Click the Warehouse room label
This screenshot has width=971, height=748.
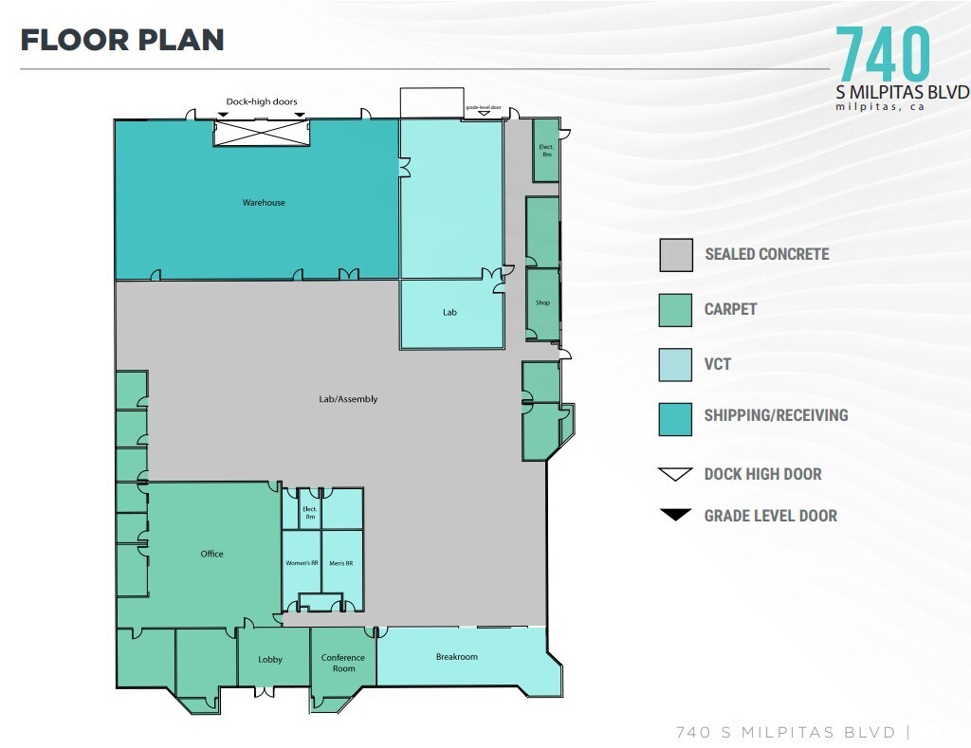tap(264, 203)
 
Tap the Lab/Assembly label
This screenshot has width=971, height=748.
tap(348, 399)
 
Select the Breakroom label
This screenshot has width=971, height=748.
tap(456, 657)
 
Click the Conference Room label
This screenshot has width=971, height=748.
tap(343, 663)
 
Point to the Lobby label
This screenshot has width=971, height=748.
tap(270, 660)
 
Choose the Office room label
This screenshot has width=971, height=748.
tap(211, 554)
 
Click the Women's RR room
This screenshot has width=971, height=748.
tap(302, 563)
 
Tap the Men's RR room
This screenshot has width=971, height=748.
tap(341, 563)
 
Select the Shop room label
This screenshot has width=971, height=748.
tap(542, 303)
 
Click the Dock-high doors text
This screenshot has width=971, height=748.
tap(262, 101)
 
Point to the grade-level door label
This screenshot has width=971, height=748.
tap(483, 108)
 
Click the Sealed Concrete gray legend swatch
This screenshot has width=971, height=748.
tap(675, 255)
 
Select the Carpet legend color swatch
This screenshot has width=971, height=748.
tap(675, 310)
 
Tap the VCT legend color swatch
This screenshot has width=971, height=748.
tap(675, 365)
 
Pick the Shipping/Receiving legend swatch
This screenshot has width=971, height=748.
tap(675, 419)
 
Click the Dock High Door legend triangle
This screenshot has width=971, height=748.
tap(675, 474)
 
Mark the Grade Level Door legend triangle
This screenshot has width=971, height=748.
tap(675, 516)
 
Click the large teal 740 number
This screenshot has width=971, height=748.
tap(882, 54)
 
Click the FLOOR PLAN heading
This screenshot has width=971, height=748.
tap(122, 40)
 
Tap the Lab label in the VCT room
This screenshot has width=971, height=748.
tap(449, 312)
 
